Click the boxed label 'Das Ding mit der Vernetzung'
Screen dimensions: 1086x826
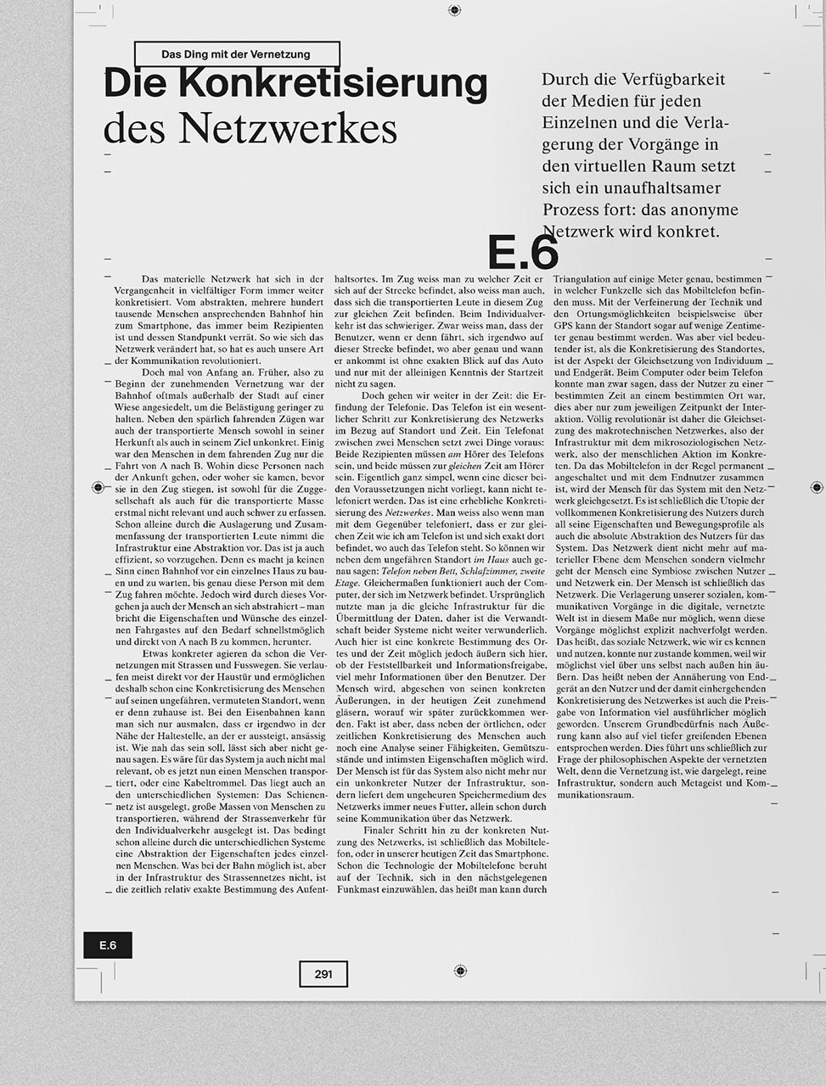click(236, 54)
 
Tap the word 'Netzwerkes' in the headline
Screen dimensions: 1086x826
click(288, 129)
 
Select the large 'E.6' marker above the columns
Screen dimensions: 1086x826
click(523, 252)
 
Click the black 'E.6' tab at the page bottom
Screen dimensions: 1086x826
click(108, 945)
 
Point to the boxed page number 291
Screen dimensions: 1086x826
click(323, 974)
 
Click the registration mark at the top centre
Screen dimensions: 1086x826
click(455, 10)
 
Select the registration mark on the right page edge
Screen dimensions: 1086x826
click(817, 487)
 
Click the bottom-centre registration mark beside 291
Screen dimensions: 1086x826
click(460, 971)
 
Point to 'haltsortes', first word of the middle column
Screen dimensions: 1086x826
click(355, 278)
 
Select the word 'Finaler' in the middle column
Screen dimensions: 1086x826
click(379, 830)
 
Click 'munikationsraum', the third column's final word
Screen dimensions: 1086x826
click(595, 795)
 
